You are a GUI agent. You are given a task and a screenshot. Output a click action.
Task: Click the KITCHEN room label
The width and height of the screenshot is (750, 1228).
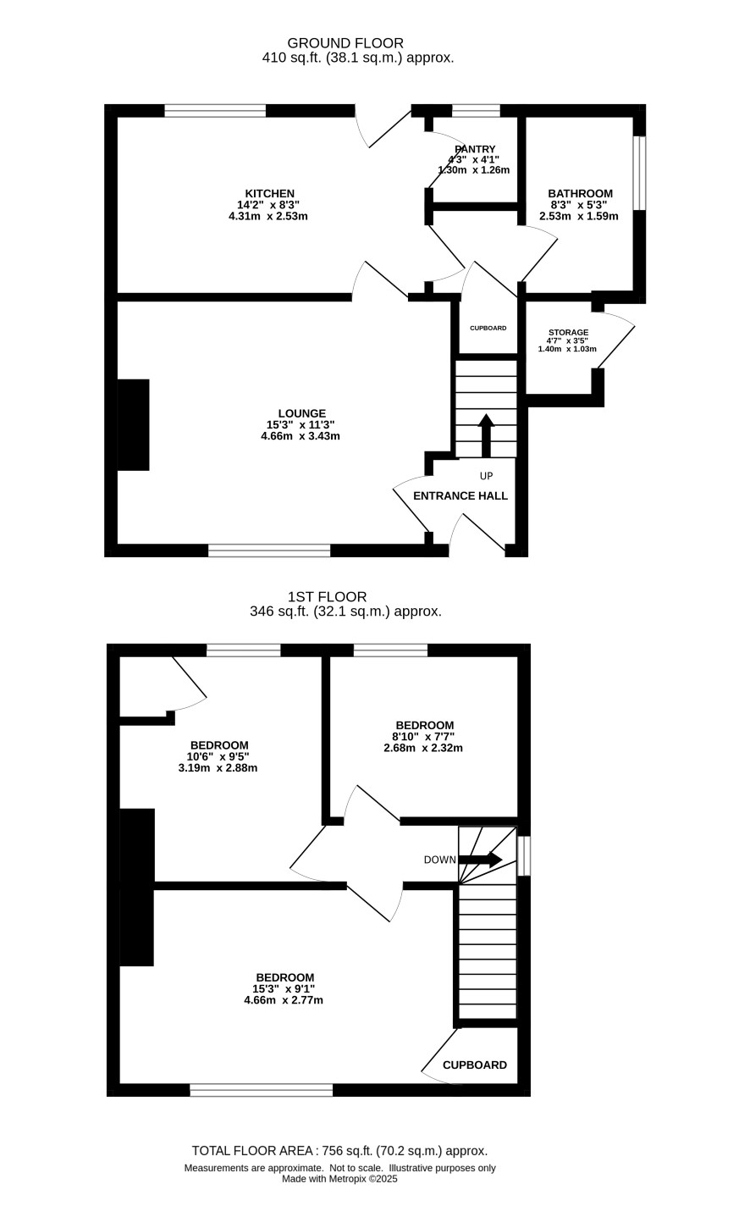pyautogui.click(x=269, y=194)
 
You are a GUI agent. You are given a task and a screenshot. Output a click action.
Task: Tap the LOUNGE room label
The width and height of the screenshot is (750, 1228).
pyautogui.click(x=302, y=413)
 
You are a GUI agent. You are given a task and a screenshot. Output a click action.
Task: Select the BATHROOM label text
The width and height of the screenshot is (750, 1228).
pyautogui.click(x=580, y=194)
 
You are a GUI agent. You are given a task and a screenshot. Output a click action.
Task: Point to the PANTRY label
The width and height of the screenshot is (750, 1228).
pyautogui.click(x=475, y=149)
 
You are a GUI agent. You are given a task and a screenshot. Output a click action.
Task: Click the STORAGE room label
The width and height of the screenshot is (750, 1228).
pyautogui.click(x=569, y=332)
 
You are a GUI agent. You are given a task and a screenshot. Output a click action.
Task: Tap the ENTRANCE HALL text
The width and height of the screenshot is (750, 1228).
pyautogui.click(x=460, y=495)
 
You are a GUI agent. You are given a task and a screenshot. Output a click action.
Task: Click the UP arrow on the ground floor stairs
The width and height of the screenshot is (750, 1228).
pyautogui.click(x=486, y=435)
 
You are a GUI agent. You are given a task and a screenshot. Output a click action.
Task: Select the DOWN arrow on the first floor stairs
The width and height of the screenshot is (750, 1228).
pyautogui.click(x=480, y=859)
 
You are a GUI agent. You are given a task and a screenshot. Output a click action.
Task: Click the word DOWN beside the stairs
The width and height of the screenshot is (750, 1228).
pyautogui.click(x=439, y=860)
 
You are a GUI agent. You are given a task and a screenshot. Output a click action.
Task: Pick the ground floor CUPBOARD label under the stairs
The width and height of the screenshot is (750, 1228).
pyautogui.click(x=488, y=328)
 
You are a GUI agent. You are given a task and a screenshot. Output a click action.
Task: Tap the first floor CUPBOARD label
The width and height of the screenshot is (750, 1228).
pyautogui.click(x=474, y=1065)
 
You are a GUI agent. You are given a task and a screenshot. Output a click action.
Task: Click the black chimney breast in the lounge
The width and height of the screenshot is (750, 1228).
pyautogui.click(x=134, y=425)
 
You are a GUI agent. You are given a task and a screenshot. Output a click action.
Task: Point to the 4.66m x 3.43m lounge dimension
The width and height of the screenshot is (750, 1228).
pyautogui.click(x=301, y=436)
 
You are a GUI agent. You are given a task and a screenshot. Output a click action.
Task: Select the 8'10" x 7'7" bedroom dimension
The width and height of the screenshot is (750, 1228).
pyautogui.click(x=423, y=737)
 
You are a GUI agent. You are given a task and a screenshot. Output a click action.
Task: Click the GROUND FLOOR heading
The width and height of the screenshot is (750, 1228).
pyautogui.click(x=345, y=42)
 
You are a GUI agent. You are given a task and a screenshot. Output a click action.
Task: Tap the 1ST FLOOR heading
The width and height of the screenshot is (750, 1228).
pyautogui.click(x=327, y=596)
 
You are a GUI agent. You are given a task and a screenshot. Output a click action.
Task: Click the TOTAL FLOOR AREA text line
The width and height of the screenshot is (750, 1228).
pyautogui.click(x=339, y=1150)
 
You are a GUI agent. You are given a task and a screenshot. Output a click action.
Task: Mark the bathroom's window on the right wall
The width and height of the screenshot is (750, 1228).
pyautogui.click(x=639, y=173)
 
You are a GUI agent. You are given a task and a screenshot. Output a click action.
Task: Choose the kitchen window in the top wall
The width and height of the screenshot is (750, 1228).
pyautogui.click(x=215, y=111)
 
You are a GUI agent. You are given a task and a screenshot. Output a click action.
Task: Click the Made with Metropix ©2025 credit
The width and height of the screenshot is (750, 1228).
pyautogui.click(x=339, y=1178)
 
